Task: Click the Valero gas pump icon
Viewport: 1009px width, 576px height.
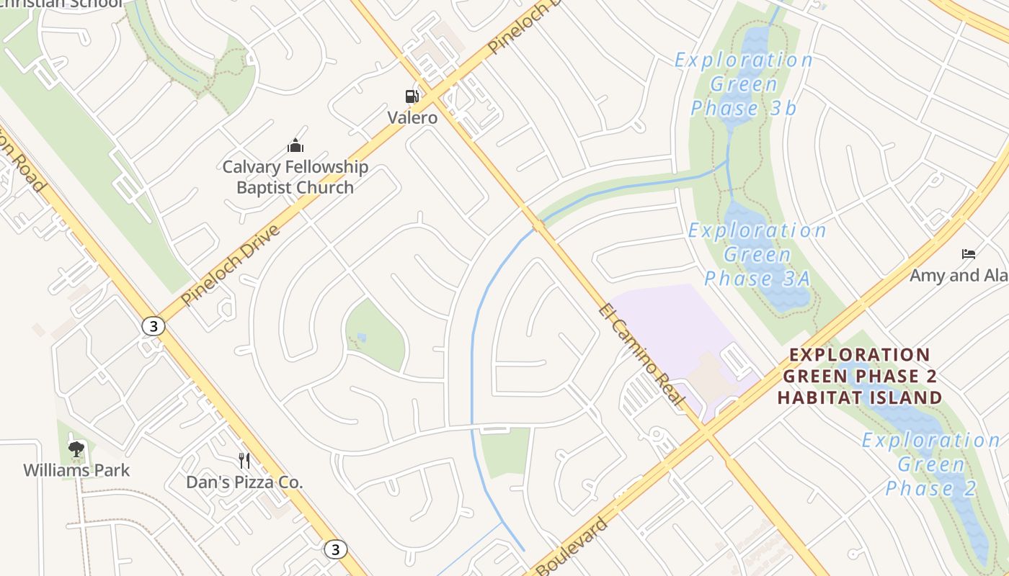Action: tap(412, 96)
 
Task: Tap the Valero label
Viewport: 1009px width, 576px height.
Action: tap(412, 117)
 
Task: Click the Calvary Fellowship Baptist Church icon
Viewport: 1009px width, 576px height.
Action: tap(295, 147)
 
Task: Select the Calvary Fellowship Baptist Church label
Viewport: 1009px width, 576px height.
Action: tap(295, 177)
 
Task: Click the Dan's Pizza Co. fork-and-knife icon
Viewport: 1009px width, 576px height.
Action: tap(244, 460)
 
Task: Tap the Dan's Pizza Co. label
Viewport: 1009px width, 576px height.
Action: tap(244, 482)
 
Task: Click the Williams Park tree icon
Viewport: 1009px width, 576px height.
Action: tap(76, 450)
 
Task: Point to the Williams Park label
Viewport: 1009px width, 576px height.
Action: tap(76, 471)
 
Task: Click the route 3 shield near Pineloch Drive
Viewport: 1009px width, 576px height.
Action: tap(153, 326)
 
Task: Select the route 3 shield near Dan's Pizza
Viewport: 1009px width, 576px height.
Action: tap(334, 549)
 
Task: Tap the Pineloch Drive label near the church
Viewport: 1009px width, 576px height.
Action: tap(230, 265)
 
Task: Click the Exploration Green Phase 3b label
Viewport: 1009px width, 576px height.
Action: tap(744, 84)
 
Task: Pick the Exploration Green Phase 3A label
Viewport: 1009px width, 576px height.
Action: tap(757, 254)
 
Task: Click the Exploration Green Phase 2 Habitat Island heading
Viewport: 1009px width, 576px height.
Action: tap(860, 376)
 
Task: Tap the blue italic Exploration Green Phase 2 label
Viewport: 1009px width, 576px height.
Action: tap(930, 464)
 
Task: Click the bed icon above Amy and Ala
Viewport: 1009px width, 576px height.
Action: tap(969, 254)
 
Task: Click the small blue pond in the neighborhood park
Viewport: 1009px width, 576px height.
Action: tap(361, 337)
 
